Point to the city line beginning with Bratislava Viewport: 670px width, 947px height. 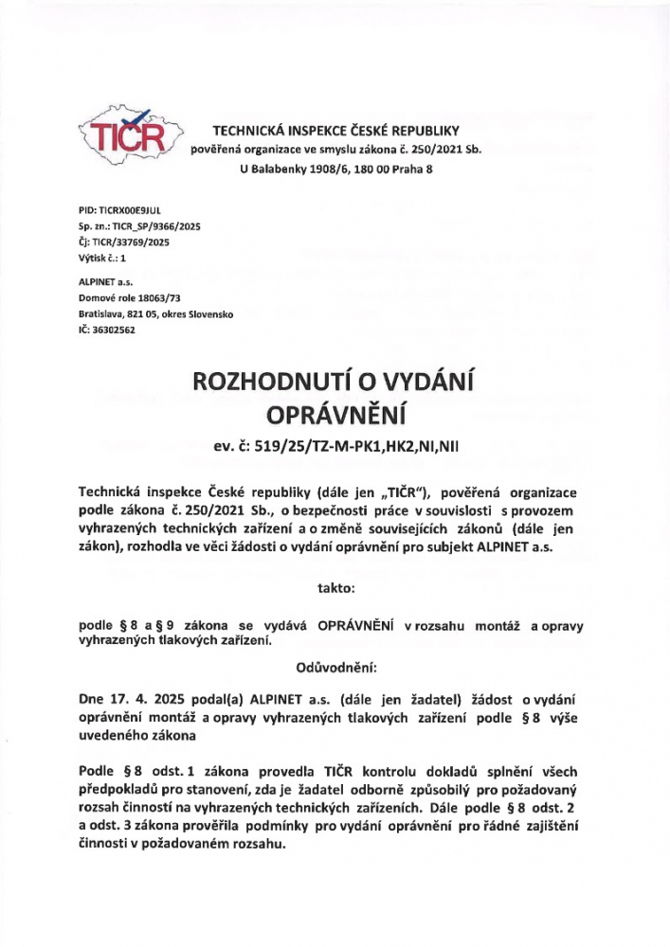[154, 313]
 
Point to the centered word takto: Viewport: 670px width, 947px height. [335, 588]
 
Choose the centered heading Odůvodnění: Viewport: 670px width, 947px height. [335, 666]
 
